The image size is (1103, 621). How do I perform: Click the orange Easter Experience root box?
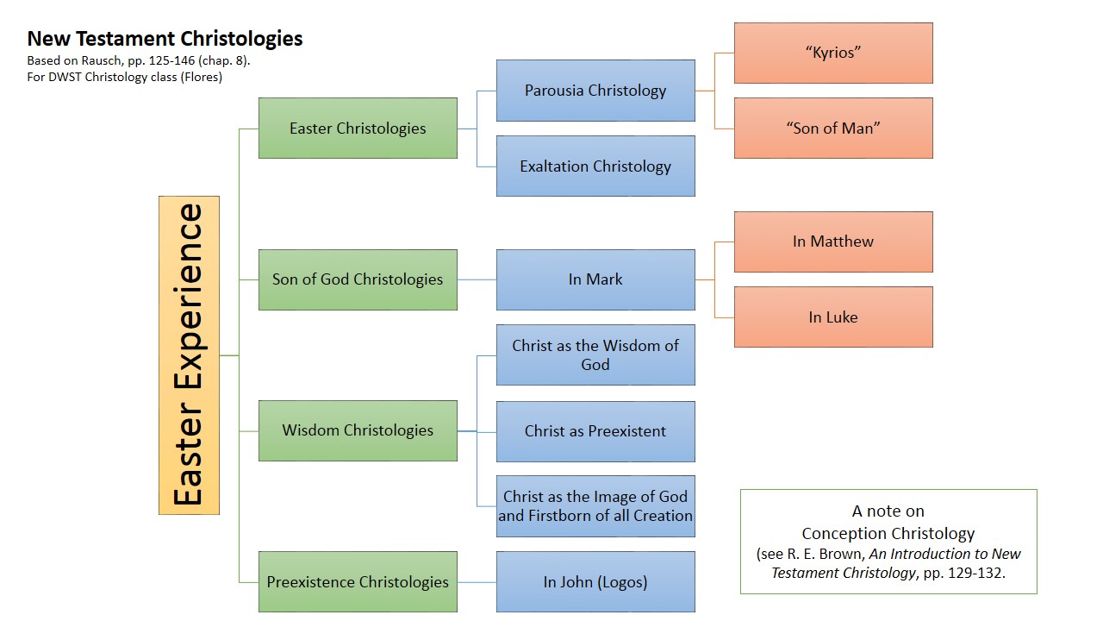tap(189, 354)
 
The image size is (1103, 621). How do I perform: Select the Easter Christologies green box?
tap(358, 129)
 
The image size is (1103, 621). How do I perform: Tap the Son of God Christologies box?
tap(358, 279)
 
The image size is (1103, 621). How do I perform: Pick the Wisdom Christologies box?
tap(358, 430)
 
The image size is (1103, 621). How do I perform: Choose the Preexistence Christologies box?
tap(358, 582)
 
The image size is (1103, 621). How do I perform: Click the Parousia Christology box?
tap(595, 91)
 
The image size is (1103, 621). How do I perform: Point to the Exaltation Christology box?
tap(595, 166)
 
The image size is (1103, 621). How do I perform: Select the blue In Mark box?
tap(595, 279)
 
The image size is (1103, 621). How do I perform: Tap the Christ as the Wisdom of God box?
tap(595, 354)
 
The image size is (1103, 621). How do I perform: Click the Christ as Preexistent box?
tap(595, 431)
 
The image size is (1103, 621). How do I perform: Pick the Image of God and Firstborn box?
tap(595, 506)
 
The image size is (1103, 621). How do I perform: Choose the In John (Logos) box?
tap(595, 582)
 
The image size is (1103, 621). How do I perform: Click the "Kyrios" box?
tap(833, 53)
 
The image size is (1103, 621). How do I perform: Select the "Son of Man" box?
tap(833, 129)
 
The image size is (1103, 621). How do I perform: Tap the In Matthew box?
tap(833, 241)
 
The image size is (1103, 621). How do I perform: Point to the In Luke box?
tap(833, 317)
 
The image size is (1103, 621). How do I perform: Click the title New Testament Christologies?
tap(165, 39)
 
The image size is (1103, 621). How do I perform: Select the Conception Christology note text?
tap(888, 533)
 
